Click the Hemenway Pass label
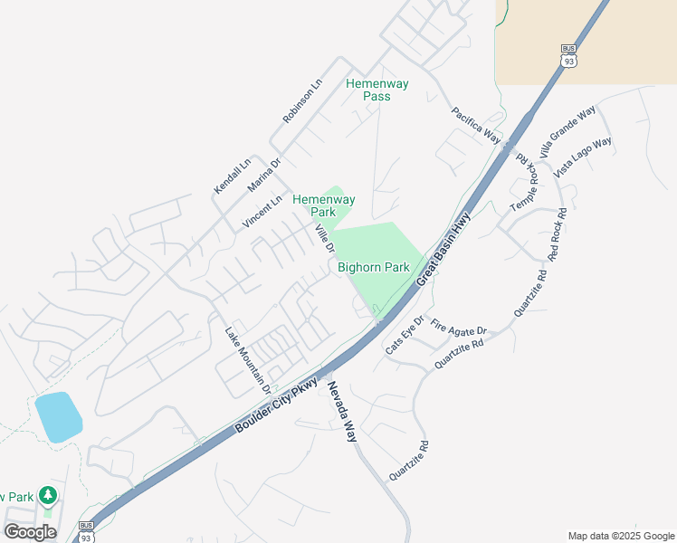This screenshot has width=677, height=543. coord(377,90)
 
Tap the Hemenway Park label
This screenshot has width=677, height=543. coord(323,205)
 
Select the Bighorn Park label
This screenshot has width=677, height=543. coord(374,267)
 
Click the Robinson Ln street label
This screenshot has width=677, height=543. coord(302,100)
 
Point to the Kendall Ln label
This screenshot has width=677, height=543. coord(232,176)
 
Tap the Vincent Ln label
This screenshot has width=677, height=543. coord(262,211)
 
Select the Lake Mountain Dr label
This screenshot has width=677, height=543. coord(248,359)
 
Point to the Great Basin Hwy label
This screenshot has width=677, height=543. coord(444,251)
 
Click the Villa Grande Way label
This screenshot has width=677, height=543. coord(567,130)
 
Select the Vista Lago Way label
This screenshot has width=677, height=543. coord(584,157)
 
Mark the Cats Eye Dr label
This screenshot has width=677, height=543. coord(405,335)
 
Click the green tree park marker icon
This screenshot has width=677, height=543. coord(47,495)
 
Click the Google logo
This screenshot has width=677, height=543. coord(30,531)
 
